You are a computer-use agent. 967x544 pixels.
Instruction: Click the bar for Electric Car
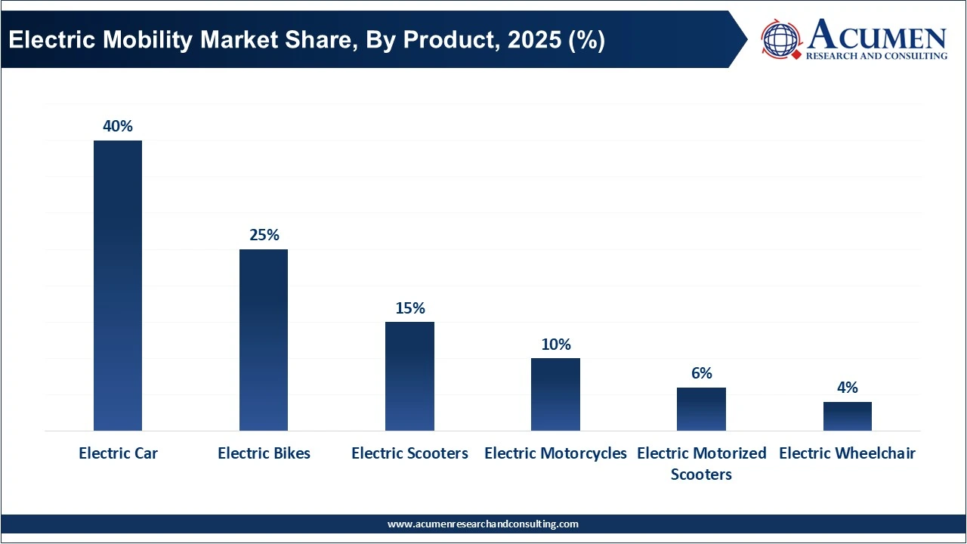[118, 286]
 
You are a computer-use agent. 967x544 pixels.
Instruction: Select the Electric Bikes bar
[264, 340]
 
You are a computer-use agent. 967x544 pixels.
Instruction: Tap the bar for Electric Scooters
[409, 376]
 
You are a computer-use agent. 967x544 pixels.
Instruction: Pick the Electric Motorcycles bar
[555, 394]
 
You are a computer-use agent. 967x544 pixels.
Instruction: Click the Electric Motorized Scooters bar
[701, 409]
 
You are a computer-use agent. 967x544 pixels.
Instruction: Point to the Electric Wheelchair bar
[847, 416]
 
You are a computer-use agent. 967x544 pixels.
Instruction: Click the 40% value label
[118, 126]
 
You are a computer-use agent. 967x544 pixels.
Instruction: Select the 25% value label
[264, 235]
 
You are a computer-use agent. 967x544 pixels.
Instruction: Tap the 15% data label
[409, 308]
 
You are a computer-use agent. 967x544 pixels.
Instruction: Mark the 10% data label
[555, 345]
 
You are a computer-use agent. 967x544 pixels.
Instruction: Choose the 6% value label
[701, 373]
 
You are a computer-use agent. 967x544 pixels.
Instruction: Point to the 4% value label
[847, 388]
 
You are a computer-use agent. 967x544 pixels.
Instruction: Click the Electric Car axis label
[118, 453]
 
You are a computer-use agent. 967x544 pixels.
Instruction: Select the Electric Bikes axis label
[264, 453]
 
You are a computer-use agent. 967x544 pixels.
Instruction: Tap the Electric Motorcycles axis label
[555, 453]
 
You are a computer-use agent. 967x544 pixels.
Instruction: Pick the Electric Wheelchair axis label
[847, 453]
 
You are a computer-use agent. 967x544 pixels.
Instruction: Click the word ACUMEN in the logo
[876, 36]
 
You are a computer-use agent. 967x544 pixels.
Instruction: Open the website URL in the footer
[483, 524]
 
